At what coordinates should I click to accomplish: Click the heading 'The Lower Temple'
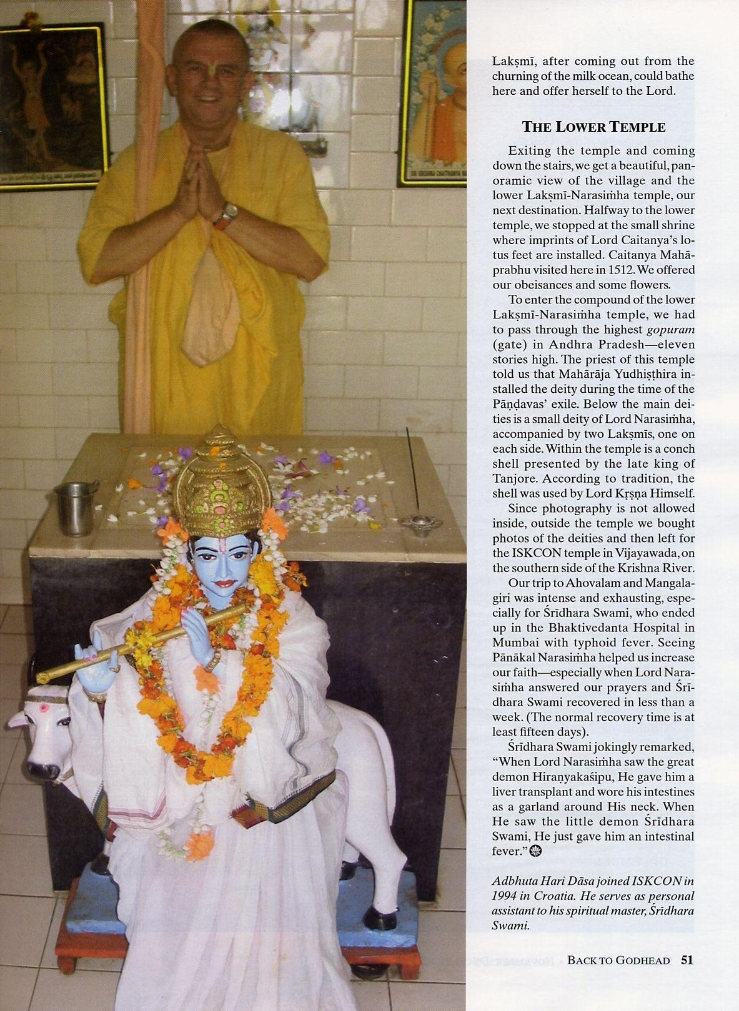[x=593, y=127]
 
